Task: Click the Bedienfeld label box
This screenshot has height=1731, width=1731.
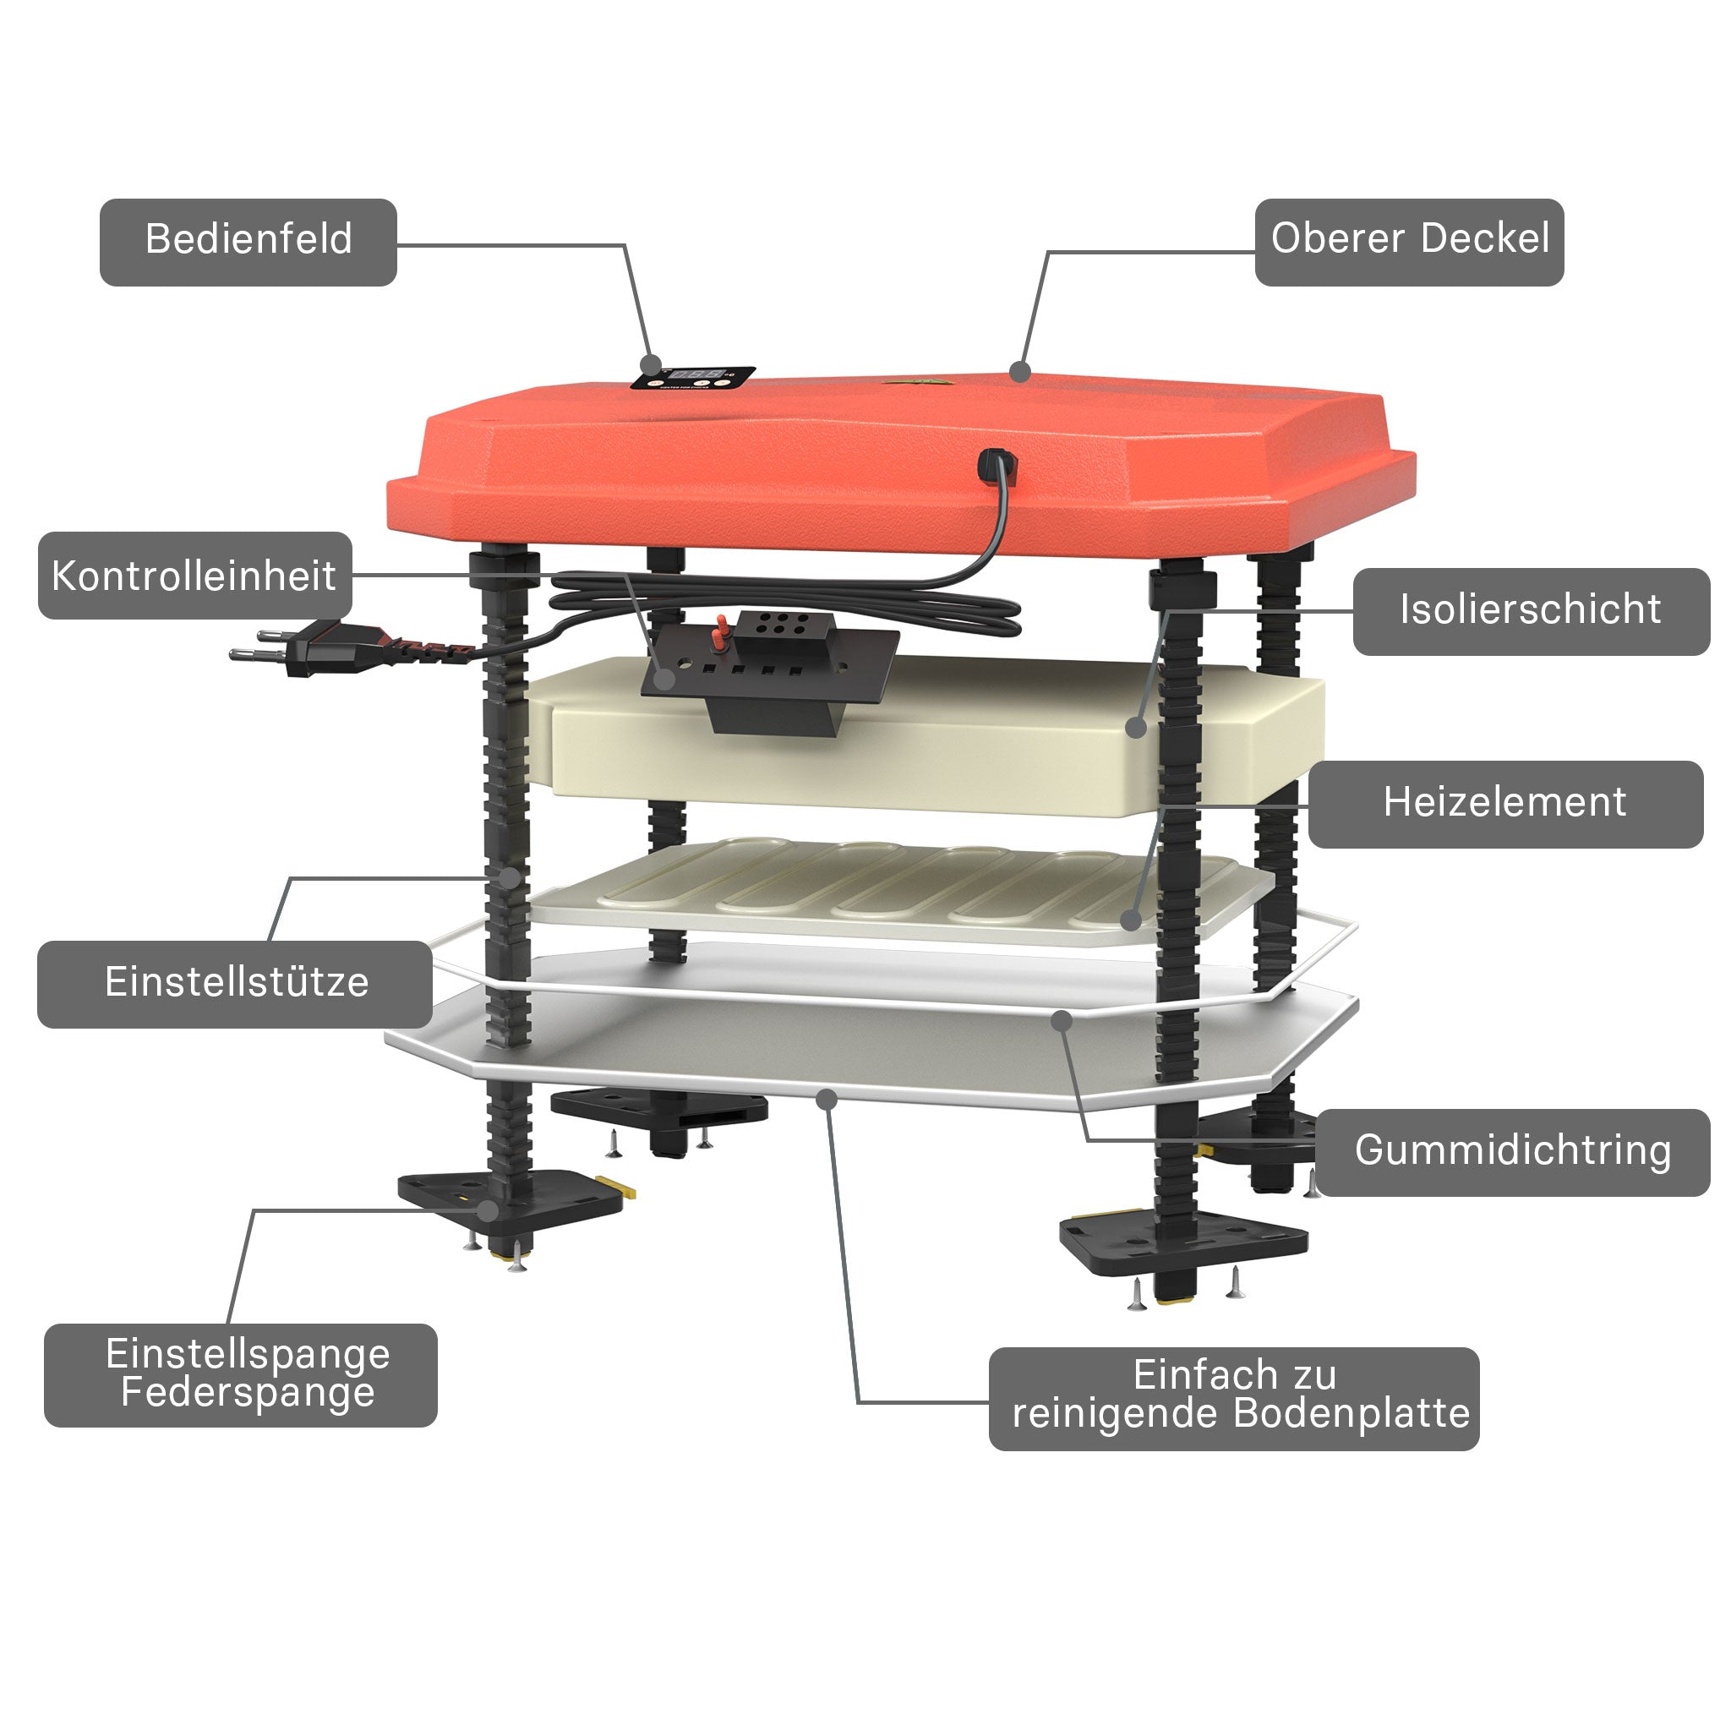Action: pos(248,242)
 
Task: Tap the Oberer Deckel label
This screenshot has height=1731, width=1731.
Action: pos(1408,242)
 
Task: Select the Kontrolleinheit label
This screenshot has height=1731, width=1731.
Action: pos(194,576)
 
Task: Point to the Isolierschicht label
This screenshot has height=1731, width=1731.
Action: pos(1531,611)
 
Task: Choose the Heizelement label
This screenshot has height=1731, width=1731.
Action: pos(1505,804)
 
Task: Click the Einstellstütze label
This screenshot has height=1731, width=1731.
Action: pos(235,984)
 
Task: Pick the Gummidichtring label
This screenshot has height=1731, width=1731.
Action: pos(1512,1152)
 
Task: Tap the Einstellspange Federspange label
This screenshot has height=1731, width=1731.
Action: pos(241,1374)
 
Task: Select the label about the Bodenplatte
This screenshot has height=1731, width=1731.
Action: pos(1234,1398)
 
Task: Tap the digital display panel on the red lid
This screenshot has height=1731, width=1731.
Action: pos(692,378)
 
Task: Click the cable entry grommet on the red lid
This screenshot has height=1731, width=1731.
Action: pos(997,467)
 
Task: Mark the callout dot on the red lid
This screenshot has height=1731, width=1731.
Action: pos(1019,371)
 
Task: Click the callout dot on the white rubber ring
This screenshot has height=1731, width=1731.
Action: pos(1062,1020)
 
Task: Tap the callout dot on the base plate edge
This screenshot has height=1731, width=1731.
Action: pos(827,1099)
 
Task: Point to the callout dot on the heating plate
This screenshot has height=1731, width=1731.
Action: pos(1131,920)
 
